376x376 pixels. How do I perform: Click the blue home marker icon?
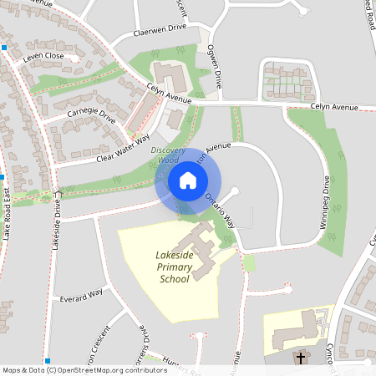tap(188, 180)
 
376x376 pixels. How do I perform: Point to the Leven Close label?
tap(43, 56)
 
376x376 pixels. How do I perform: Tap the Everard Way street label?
tap(81, 293)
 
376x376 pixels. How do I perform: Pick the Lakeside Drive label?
tap(58, 221)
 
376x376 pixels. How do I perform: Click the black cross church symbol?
tap(300, 358)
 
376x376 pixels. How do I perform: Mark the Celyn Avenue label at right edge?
tap(333, 108)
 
